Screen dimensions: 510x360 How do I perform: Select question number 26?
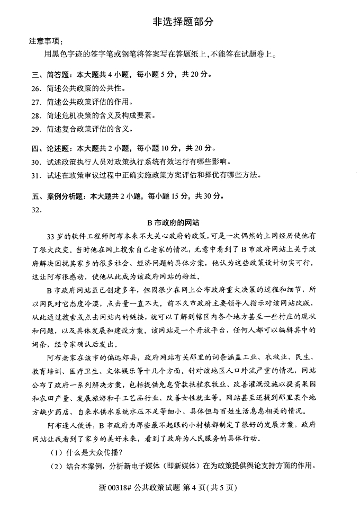(36, 88)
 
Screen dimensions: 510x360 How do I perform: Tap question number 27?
(36, 102)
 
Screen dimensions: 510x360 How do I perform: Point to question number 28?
(36, 115)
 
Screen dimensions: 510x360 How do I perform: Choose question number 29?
(36, 129)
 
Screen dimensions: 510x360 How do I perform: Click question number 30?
(36, 162)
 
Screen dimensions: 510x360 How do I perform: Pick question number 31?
(36, 175)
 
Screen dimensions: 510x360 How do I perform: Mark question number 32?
(36, 209)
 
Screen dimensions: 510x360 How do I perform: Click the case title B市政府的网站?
(179, 223)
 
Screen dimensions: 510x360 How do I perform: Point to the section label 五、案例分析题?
(58, 196)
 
